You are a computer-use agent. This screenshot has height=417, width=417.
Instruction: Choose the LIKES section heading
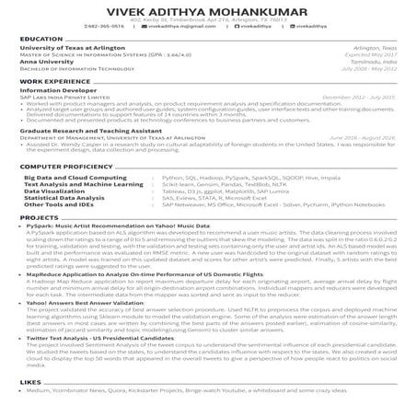(29, 381)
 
